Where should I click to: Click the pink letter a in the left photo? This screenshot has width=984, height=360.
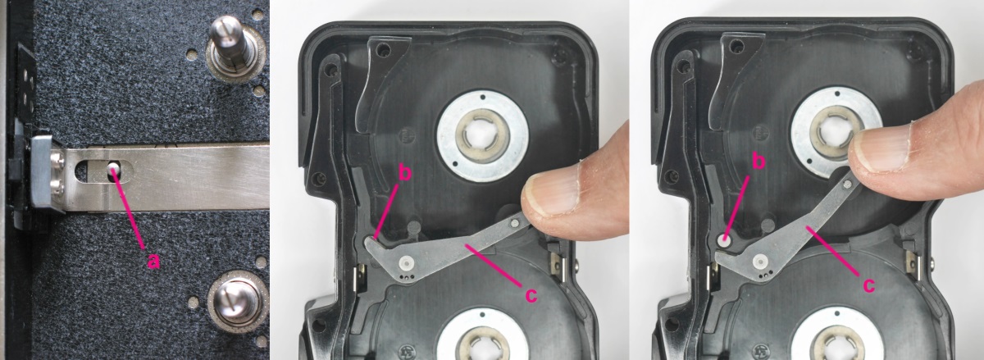(x=153, y=262)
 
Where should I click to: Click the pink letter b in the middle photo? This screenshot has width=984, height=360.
(x=405, y=172)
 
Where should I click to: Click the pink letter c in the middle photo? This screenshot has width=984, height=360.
(x=531, y=295)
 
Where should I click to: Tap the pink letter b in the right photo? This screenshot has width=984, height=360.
(x=758, y=161)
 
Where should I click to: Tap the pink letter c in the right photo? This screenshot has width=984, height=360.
(x=868, y=285)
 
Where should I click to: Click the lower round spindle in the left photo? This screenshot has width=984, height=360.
(x=236, y=300)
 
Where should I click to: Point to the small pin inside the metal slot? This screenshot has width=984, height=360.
(x=114, y=167)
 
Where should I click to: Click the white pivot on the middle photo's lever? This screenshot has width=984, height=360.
(x=407, y=263)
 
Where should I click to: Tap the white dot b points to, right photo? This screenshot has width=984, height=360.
(x=723, y=241)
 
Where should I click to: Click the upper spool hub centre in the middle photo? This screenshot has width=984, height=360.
(x=482, y=135)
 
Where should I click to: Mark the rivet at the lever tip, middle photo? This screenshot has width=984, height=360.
(x=516, y=224)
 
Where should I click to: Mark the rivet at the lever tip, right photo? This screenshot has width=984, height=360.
(x=848, y=185)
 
